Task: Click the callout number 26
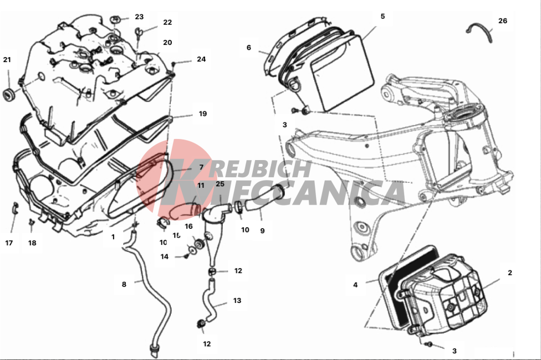pyautogui.click(x=503, y=20)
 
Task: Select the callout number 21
pyautogui.click(x=7, y=60)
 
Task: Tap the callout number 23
pyautogui.click(x=139, y=17)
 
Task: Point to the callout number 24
pyautogui.click(x=201, y=59)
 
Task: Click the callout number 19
pyautogui.click(x=202, y=114)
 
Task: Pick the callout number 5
pyautogui.click(x=382, y=16)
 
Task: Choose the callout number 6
pyautogui.click(x=249, y=47)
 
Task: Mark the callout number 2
pyautogui.click(x=510, y=272)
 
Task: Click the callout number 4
pyautogui.click(x=355, y=285)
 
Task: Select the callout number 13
pyautogui.click(x=237, y=300)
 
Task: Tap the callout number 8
pyautogui.click(x=124, y=284)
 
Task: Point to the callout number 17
pyautogui.click(x=9, y=243)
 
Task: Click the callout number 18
pyautogui.click(x=32, y=243)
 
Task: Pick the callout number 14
pyautogui.click(x=165, y=256)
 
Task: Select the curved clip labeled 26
pyautogui.click(x=480, y=32)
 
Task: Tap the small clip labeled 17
pyautogui.click(x=16, y=208)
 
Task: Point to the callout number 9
pyautogui.click(x=262, y=231)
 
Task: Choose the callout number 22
pyautogui.click(x=167, y=22)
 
